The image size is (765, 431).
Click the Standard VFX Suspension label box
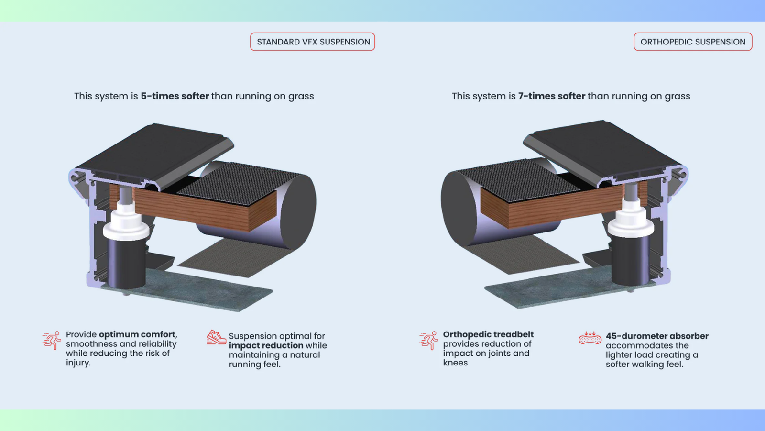tap(313, 42)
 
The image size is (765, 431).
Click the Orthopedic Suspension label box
tap(693, 42)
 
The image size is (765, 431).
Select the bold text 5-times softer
tap(175, 96)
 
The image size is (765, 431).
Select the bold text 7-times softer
tap(552, 96)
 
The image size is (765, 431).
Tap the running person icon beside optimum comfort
tap(52, 340)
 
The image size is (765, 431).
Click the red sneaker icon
tap(216, 337)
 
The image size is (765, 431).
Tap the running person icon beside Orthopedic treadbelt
tap(429, 340)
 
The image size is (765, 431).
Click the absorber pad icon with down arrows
tap(590, 338)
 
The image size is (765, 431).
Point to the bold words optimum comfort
tap(137, 334)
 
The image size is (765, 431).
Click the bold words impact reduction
tap(266, 345)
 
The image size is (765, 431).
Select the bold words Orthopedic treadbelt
tap(488, 334)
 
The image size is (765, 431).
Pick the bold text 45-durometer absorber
tap(657, 336)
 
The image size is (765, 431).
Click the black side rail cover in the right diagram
tap(602, 148)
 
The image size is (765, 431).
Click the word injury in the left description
tap(77, 363)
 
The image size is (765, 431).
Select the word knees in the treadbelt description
tap(455, 363)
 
